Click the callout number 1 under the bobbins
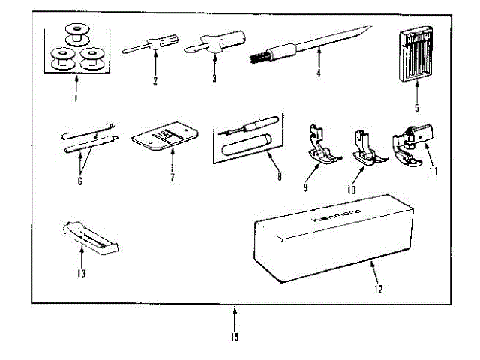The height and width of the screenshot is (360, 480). click(x=76, y=99)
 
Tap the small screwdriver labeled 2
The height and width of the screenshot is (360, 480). click(x=151, y=44)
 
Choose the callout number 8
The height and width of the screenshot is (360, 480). click(x=280, y=178)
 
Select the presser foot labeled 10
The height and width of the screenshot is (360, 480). click(x=363, y=150)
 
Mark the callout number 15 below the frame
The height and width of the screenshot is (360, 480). click(x=235, y=337)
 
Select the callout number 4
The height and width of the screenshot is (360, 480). click(x=318, y=73)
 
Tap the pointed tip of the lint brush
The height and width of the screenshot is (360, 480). click(x=370, y=28)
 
